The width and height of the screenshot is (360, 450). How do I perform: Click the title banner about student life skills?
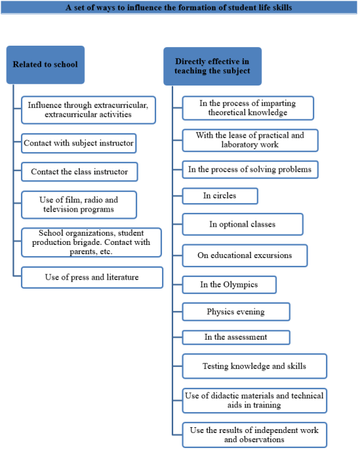point(179,7)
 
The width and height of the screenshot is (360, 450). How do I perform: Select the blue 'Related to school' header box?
point(45,65)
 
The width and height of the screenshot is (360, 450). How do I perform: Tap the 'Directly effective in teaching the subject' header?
point(212,67)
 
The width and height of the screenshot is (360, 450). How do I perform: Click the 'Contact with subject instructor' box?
point(78,143)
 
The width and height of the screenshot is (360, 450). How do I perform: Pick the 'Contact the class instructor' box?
point(80,172)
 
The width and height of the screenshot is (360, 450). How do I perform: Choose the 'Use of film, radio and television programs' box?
point(79,204)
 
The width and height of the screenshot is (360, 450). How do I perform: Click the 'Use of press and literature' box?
point(92,277)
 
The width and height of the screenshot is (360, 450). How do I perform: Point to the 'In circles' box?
point(220,196)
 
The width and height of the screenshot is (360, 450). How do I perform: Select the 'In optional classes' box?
point(242,224)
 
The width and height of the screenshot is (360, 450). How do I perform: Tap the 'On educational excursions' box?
point(245,255)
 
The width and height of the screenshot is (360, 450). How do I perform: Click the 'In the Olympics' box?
point(229,285)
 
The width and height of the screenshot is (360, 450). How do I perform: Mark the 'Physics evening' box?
point(236,312)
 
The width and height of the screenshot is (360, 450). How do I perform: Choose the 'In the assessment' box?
point(236,337)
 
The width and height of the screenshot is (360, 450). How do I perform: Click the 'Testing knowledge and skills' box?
point(254,366)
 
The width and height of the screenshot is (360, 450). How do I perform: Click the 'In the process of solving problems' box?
point(250,169)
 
